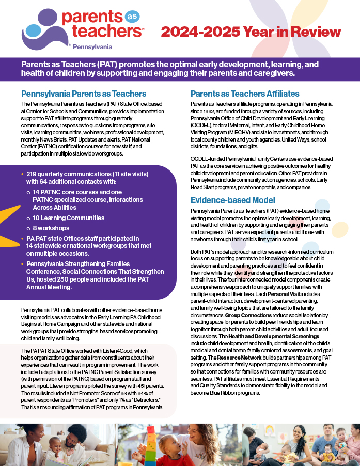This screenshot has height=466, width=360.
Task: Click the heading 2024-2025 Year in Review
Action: point(251,32)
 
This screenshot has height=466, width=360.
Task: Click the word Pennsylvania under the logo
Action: point(92,46)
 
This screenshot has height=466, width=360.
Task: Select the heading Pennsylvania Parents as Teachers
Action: point(84,94)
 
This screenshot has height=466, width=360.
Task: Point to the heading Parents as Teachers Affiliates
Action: point(245,94)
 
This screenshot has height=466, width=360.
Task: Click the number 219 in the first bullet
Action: point(34,175)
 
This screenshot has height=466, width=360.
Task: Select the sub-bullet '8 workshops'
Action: point(51,228)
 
